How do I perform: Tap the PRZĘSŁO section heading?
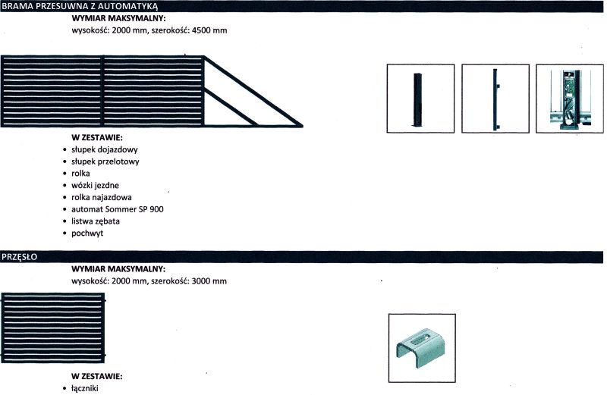20,257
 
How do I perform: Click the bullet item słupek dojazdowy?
105,149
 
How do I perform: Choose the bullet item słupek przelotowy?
105,161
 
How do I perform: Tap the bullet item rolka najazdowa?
102,197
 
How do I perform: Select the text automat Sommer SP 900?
118,209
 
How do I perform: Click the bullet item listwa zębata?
96,221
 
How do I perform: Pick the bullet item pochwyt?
87,234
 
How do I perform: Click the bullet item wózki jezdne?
95,185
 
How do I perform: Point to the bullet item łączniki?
85,388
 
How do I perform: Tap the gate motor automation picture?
570,99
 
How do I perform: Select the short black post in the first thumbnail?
417,99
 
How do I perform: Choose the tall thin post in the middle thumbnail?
495,99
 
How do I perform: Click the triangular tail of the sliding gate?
253,92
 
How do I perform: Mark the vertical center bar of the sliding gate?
102,91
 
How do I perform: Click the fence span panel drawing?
53,328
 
